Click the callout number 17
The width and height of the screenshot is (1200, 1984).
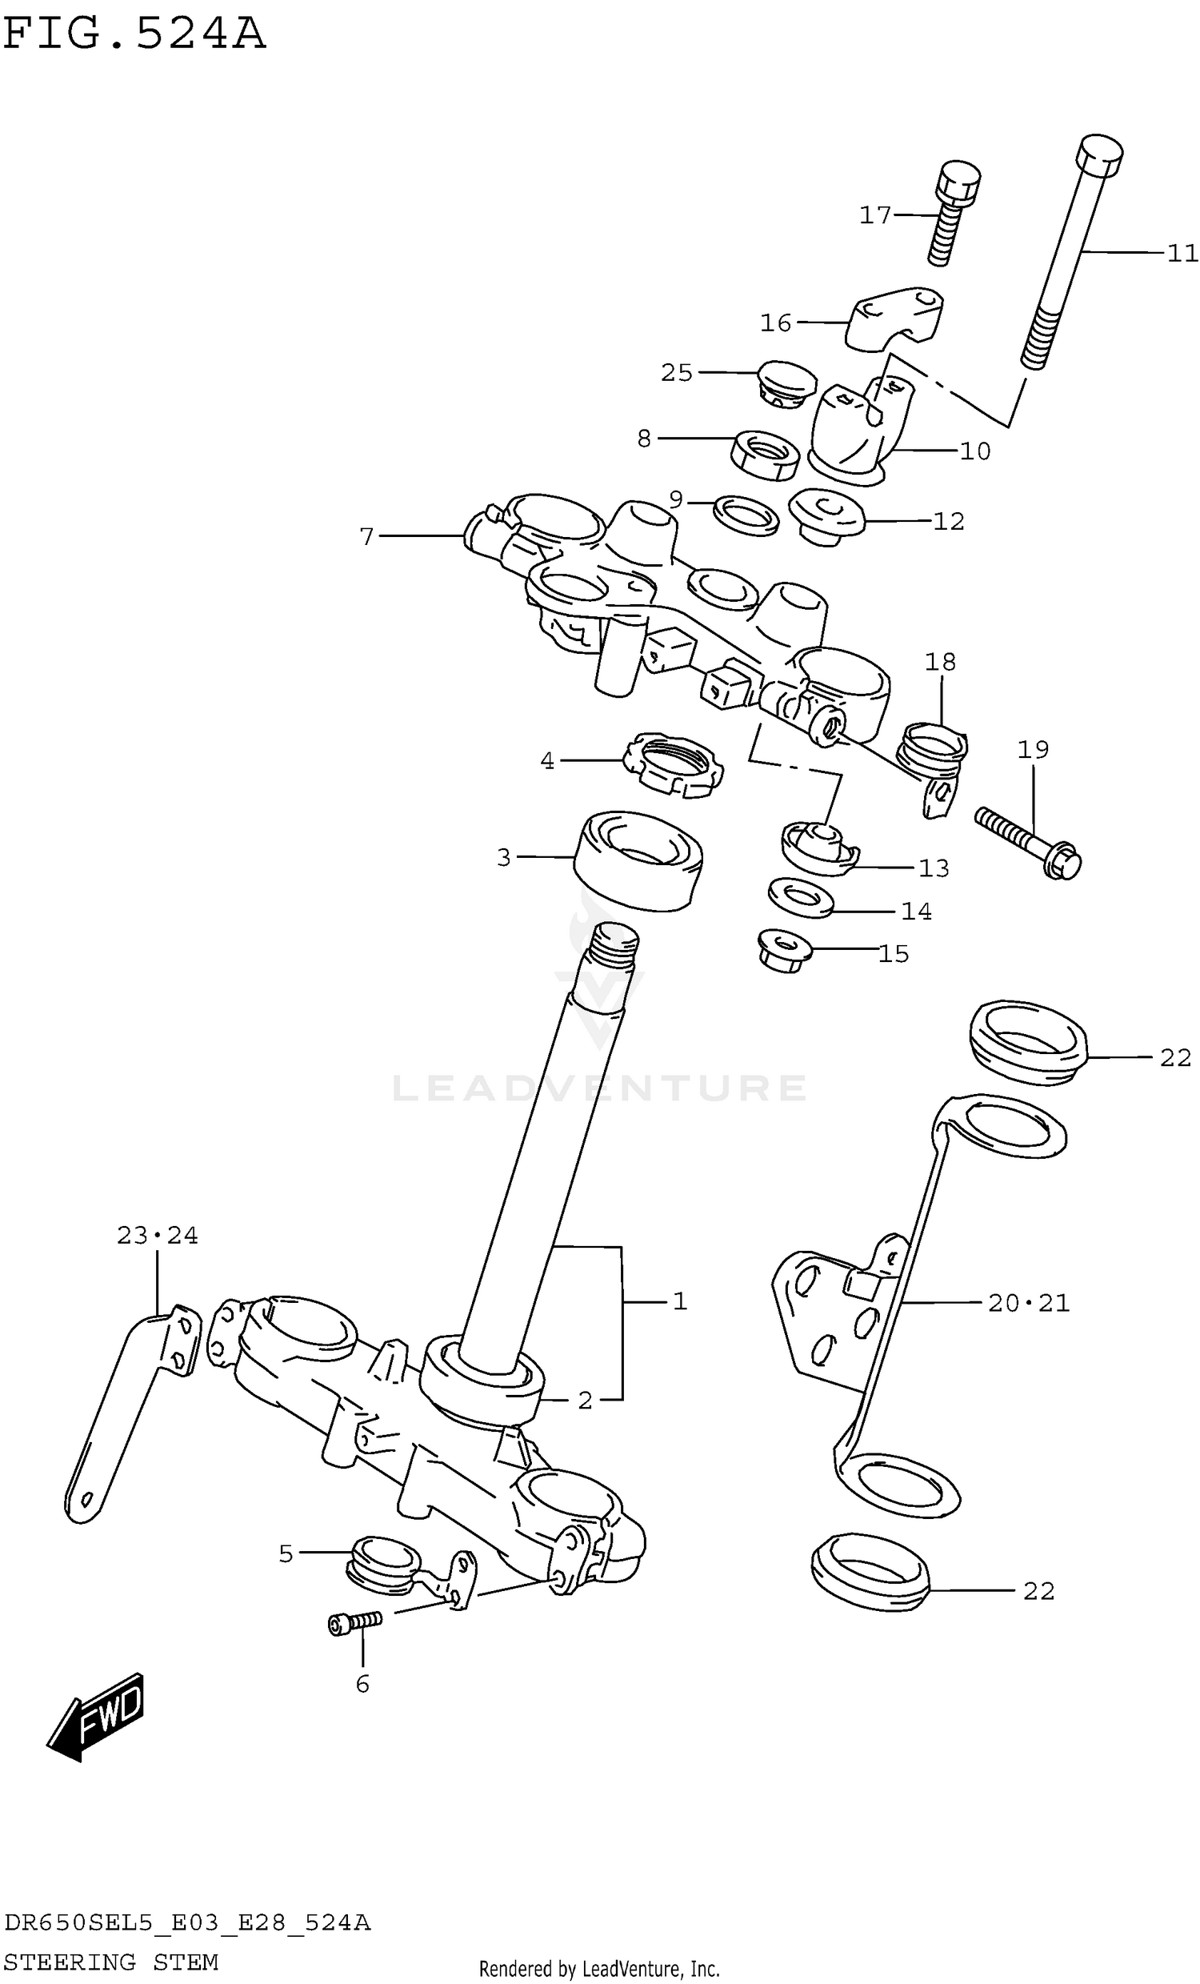875,215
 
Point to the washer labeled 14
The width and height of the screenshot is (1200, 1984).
800,897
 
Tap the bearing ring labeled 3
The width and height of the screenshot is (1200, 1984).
638,860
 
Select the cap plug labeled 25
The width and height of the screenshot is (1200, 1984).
787,384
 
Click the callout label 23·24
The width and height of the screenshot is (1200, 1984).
157,1235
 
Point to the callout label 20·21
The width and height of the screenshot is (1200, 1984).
1029,1303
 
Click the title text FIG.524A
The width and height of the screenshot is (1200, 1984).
134,34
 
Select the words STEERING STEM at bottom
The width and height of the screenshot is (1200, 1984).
110,1962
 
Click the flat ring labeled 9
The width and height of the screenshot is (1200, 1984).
746,515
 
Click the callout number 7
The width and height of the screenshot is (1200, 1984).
367,536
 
